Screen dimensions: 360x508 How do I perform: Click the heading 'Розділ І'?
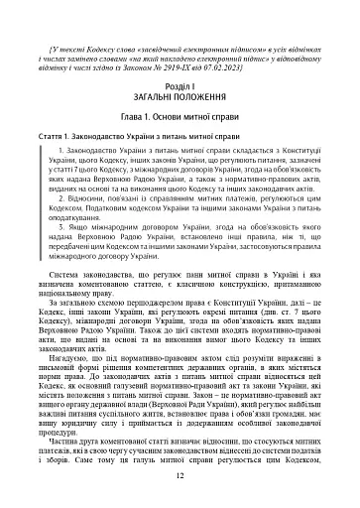(180, 86)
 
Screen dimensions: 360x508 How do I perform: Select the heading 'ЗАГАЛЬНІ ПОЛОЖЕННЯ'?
(180, 97)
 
